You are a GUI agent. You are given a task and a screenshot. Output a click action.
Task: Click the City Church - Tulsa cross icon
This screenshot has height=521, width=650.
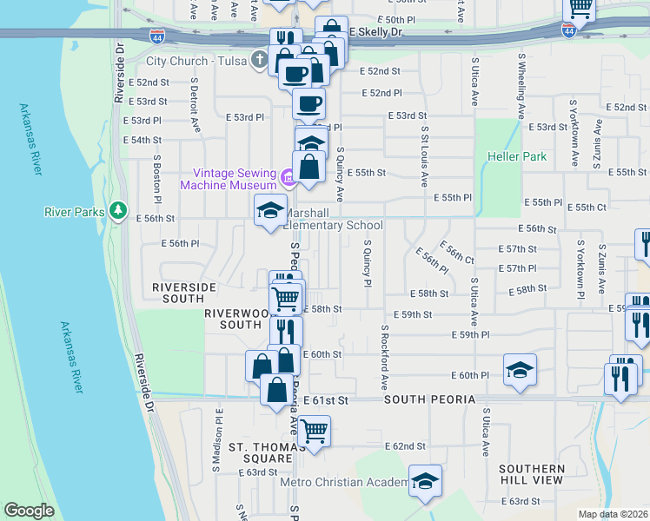click(258, 61)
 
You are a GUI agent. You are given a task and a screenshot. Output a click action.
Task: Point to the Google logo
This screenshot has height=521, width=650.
click(29, 511)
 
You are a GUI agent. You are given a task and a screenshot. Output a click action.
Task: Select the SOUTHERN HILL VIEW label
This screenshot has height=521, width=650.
click(531, 474)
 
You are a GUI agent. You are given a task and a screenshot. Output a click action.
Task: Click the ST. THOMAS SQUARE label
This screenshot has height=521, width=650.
click(261, 452)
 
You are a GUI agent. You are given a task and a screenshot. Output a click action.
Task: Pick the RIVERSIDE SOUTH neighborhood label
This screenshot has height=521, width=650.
click(183, 292)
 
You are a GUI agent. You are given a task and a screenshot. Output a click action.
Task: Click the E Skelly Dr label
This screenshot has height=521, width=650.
click(376, 32)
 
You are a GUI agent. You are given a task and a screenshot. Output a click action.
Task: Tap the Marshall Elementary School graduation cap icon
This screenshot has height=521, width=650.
click(270, 209)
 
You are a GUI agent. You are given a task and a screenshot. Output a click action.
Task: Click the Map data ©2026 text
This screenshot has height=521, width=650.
click(612, 514)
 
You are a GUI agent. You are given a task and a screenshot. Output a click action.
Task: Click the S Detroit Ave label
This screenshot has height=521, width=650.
click(196, 107)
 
